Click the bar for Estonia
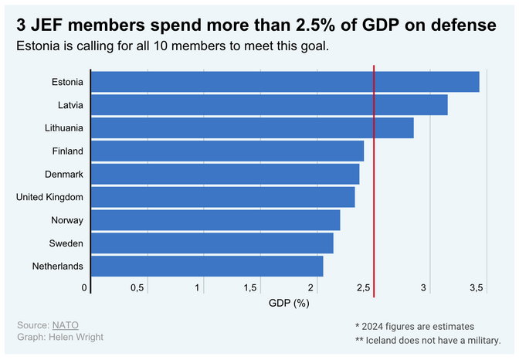[x=285, y=81]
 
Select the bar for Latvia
[x=270, y=104]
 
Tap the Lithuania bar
[x=253, y=127]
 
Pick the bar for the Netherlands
[x=207, y=267]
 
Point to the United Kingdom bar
[x=223, y=197]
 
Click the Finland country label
[x=67, y=151]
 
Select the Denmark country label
[x=65, y=174]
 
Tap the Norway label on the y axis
[x=67, y=220]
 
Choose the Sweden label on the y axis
[x=66, y=243]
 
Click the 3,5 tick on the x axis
[x=477, y=288]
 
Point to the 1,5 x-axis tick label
[x=251, y=288]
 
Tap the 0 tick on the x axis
[x=84, y=288]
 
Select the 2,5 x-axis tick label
[x=363, y=288]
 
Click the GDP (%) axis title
[x=289, y=303]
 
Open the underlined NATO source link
[x=66, y=325]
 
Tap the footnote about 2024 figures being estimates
[x=414, y=326]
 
